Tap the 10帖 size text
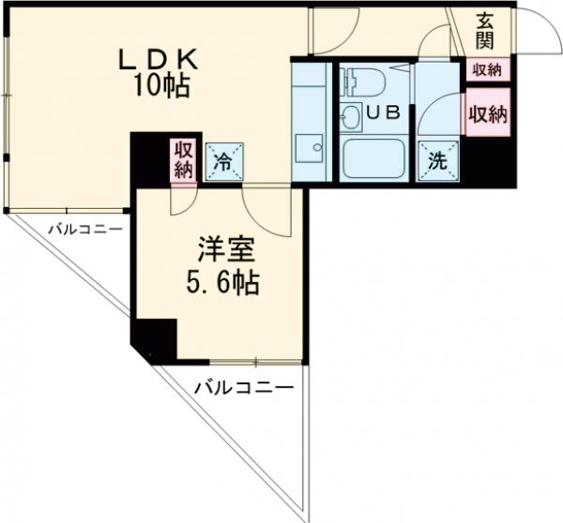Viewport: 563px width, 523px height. [161, 87]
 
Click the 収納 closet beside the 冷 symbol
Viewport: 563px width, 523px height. [183, 159]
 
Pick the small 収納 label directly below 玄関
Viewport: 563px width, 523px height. [487, 69]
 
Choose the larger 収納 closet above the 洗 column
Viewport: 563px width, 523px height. [488, 114]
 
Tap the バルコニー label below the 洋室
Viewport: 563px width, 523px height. [244, 386]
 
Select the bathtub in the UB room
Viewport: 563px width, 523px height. [376, 158]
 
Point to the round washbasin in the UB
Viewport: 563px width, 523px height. [351, 117]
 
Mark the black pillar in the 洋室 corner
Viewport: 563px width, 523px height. [153, 339]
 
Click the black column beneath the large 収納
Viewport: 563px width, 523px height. [489, 164]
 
